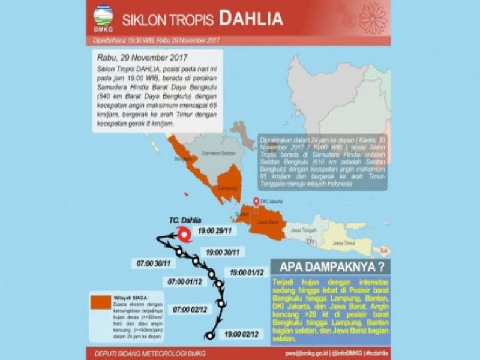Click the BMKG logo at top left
(103, 18)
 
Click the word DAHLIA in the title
(251, 19)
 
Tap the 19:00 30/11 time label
(223, 252)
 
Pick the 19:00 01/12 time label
(247, 272)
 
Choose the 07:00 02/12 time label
(191, 310)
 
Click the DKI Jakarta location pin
(256, 202)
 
